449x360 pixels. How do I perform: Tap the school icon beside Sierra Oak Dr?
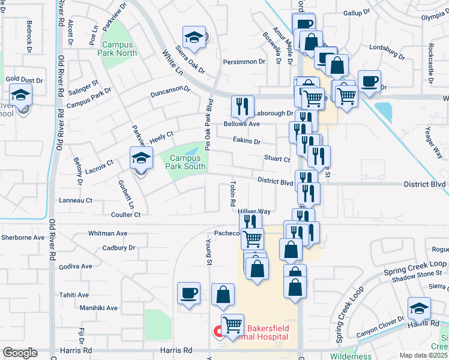[194, 37]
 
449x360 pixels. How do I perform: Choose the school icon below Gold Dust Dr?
[20, 95]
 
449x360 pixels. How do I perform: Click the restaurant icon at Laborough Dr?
[243, 106]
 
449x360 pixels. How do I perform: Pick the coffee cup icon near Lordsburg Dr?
[369, 81]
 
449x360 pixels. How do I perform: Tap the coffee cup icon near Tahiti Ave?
[189, 293]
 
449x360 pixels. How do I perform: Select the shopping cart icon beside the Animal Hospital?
[232, 325]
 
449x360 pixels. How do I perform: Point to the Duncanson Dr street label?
[169, 91]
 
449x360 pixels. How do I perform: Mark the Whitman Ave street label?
[107, 233]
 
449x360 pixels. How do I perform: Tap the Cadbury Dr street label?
[119, 247]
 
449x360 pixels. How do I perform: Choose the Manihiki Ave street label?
[98, 308]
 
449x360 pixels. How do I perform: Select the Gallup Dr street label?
[355, 13]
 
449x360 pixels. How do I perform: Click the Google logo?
[20, 353]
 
